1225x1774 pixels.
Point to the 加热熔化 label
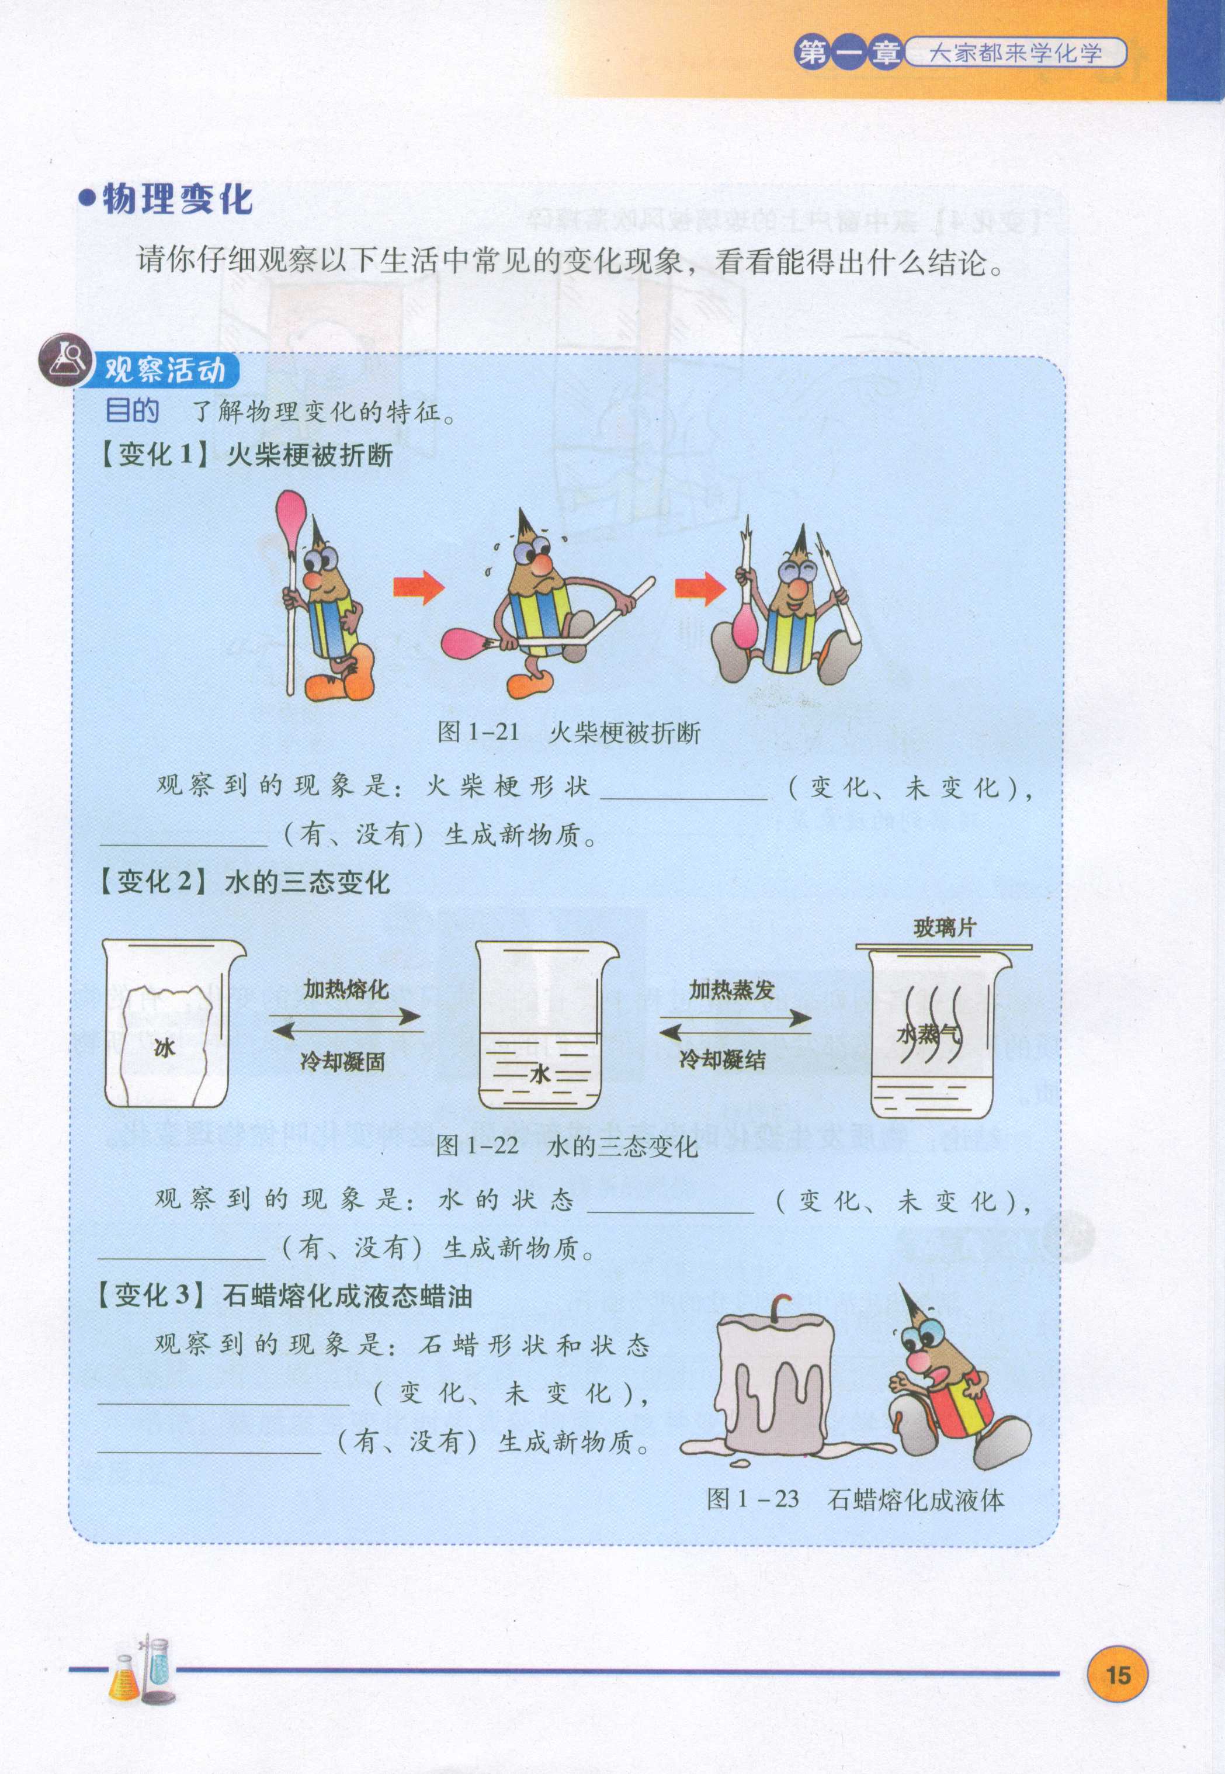(346, 989)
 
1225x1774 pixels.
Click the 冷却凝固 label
(342, 1062)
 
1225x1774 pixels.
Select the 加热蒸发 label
(731, 990)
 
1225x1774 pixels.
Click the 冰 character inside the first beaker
(164, 1048)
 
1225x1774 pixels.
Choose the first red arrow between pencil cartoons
(419, 589)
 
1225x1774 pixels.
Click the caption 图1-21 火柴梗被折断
(569, 732)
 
